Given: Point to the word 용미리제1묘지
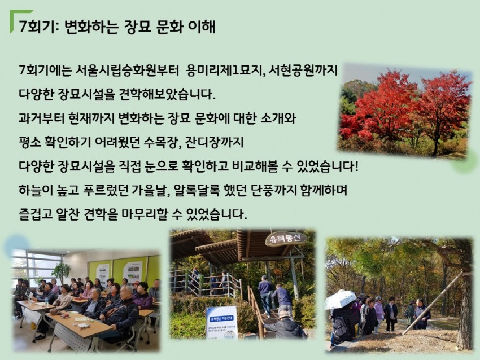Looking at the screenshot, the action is pos(225,71).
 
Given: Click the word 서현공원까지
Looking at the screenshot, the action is pos(303,71).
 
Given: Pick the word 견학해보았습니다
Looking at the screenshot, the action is pos(165,94).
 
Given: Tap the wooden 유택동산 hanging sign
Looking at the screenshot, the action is pos(286,239).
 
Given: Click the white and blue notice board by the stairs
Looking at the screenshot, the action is pos(222,323).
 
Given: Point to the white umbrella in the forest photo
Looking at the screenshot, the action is pos(340,300).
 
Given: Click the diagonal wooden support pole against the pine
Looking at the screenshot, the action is pos(432,304).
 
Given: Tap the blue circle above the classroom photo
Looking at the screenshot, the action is pos(18,245).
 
